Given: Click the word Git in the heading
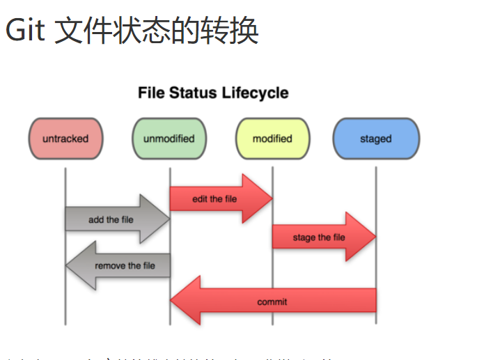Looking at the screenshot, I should pyautogui.click(x=25, y=31).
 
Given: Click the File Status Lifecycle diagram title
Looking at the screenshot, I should pyautogui.click(x=213, y=93).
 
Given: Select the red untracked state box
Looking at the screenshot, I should pyautogui.click(x=65, y=139).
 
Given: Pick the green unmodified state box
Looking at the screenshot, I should pyautogui.click(x=169, y=139).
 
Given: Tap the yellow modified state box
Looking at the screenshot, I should pyautogui.click(x=272, y=139).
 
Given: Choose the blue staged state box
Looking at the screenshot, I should pyautogui.click(x=376, y=139).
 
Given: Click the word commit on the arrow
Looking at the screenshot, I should pyautogui.click(x=272, y=302).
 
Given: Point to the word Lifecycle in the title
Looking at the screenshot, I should pyautogui.click(x=255, y=93).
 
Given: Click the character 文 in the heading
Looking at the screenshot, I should pyautogui.click(x=71, y=31).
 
